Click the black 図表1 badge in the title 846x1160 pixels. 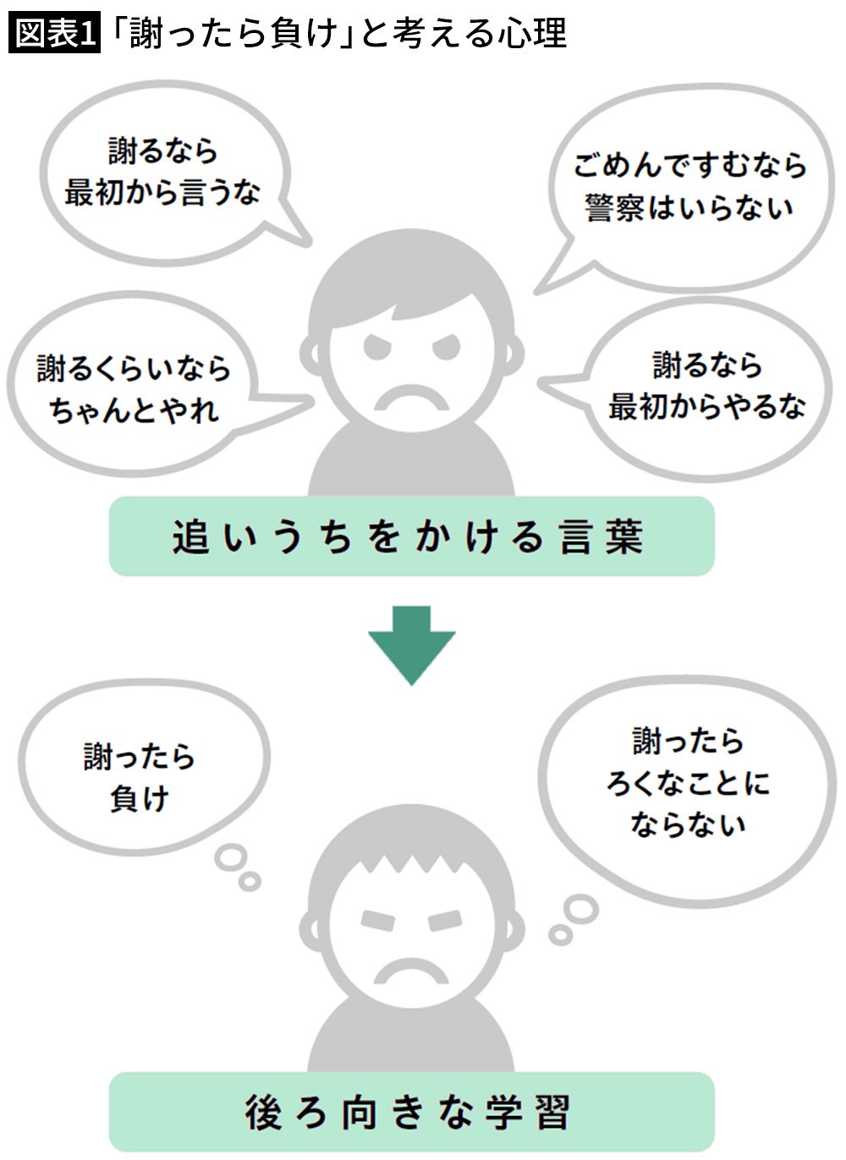pos(54,34)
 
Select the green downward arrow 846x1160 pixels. pos(412,645)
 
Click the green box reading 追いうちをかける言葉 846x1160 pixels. pos(412,536)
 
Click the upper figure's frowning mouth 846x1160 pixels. pos(412,397)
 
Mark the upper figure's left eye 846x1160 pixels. pos(377,346)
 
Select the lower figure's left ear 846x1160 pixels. pos(310,930)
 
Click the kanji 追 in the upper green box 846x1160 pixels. pos(190,537)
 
